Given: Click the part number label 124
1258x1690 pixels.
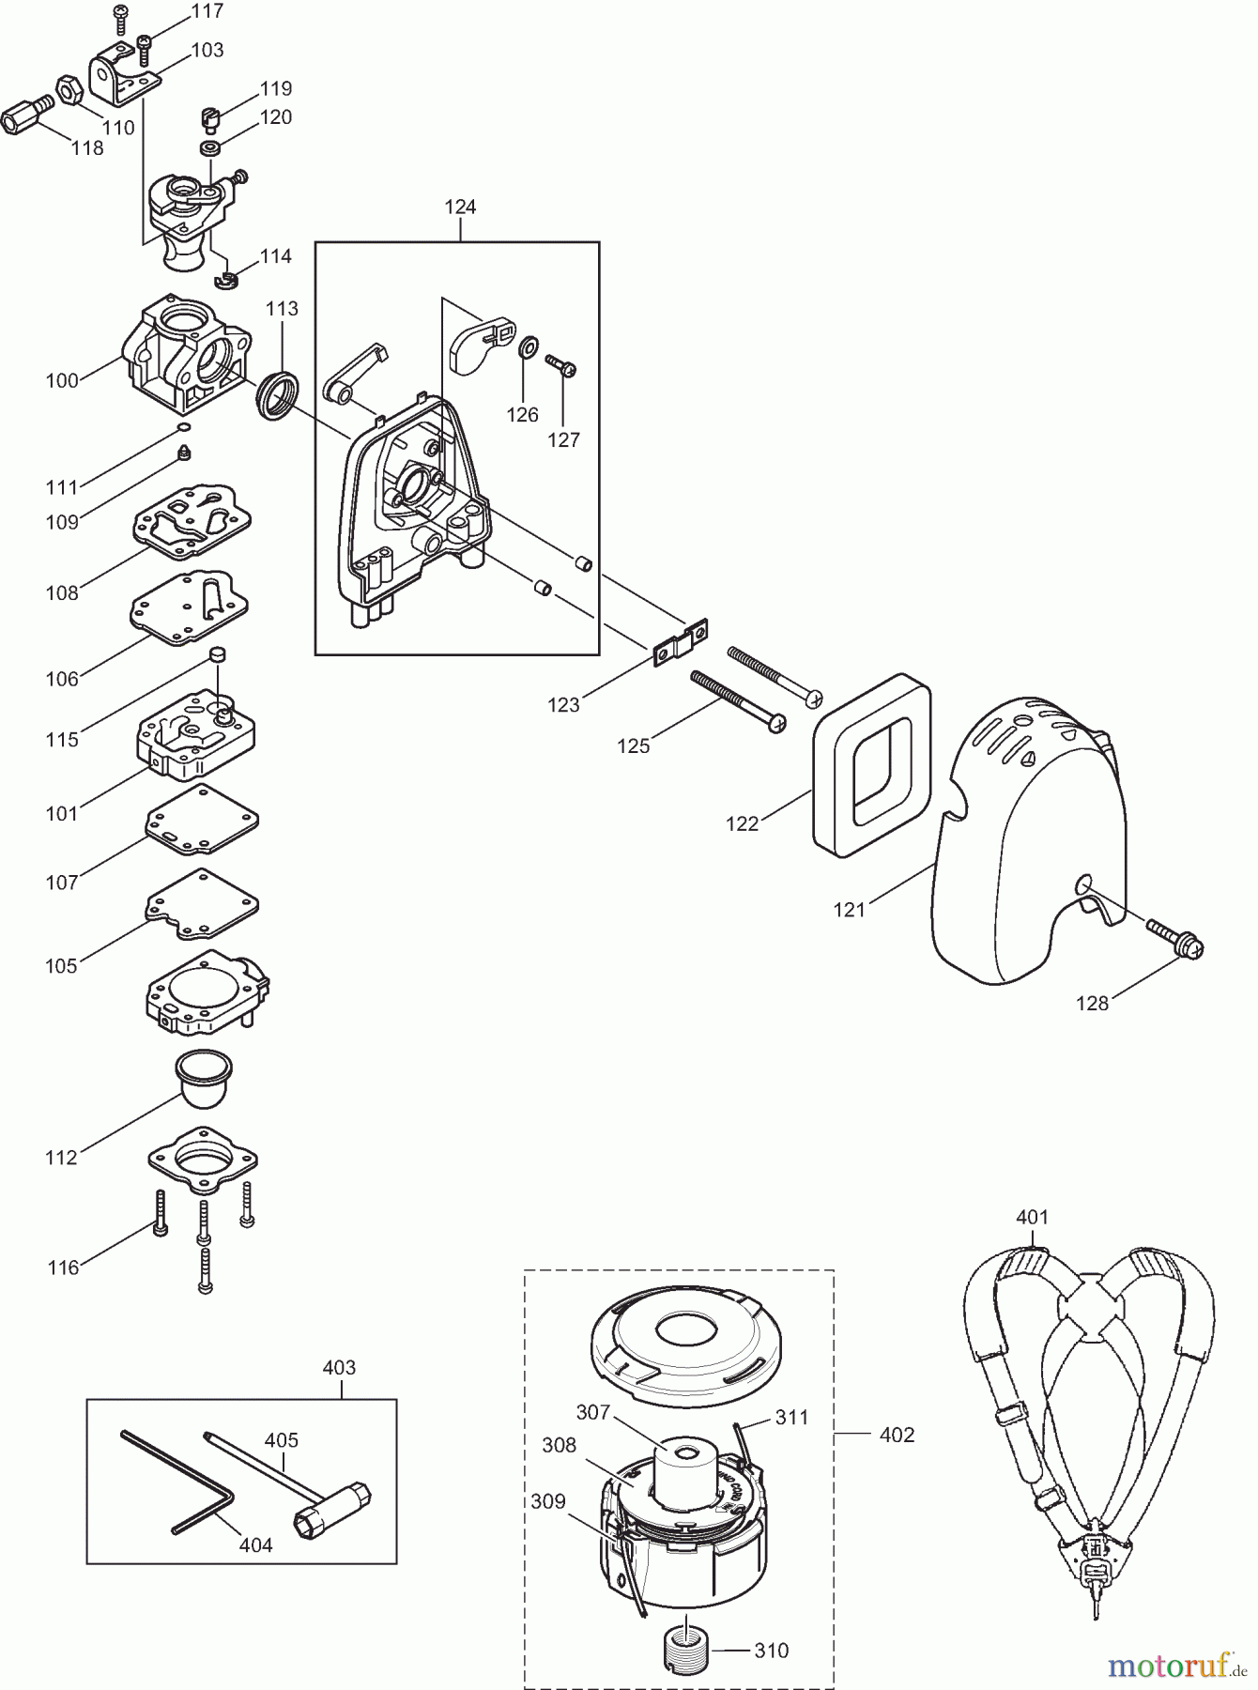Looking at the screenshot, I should pos(460,207).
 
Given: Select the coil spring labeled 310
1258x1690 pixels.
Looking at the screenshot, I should pos(689,1648).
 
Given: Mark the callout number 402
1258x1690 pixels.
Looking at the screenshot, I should pos(897,1435).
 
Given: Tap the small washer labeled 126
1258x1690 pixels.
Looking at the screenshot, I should pos(528,347).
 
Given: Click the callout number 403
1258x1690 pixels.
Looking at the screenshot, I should pos(339,1368).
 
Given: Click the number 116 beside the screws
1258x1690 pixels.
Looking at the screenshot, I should pos(64,1267).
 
